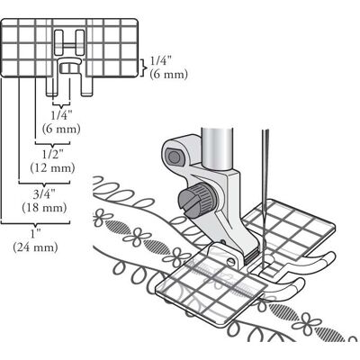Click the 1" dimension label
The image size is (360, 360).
[36, 234]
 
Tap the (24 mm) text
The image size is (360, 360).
[35, 247]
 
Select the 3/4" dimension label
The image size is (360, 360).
[45, 194]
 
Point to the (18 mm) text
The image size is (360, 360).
[44, 208]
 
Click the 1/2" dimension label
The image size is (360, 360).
[53, 155]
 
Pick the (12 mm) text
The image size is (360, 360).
[52, 167]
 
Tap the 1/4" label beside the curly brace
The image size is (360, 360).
[161, 61]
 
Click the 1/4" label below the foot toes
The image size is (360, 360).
[61, 115]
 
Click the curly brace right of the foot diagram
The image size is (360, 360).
[144, 67]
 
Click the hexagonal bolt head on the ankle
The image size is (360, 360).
[174, 157]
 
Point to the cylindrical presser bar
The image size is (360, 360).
[217, 148]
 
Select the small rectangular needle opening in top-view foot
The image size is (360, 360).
[69, 68]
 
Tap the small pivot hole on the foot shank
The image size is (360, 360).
[231, 261]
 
